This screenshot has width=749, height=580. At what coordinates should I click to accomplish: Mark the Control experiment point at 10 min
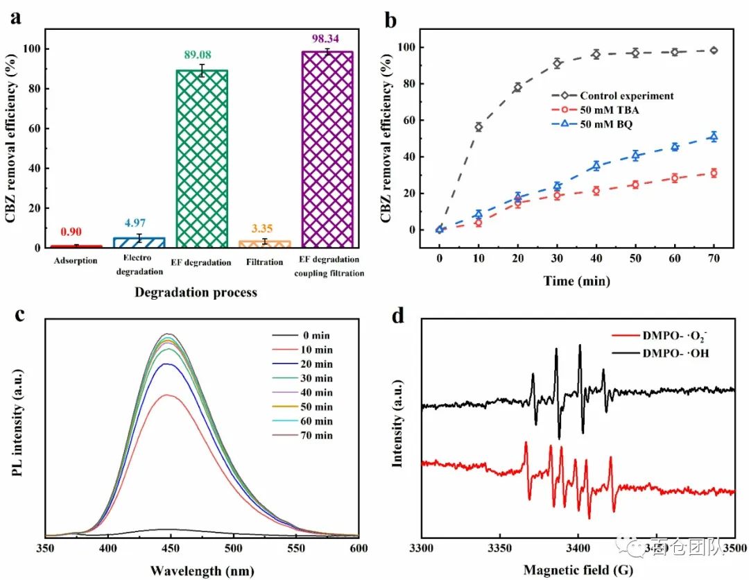click(x=478, y=127)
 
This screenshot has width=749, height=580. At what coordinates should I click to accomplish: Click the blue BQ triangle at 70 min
click(x=714, y=137)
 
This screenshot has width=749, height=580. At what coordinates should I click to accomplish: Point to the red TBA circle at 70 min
click(x=714, y=173)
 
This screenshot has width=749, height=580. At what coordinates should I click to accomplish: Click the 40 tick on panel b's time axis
click(x=596, y=258)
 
